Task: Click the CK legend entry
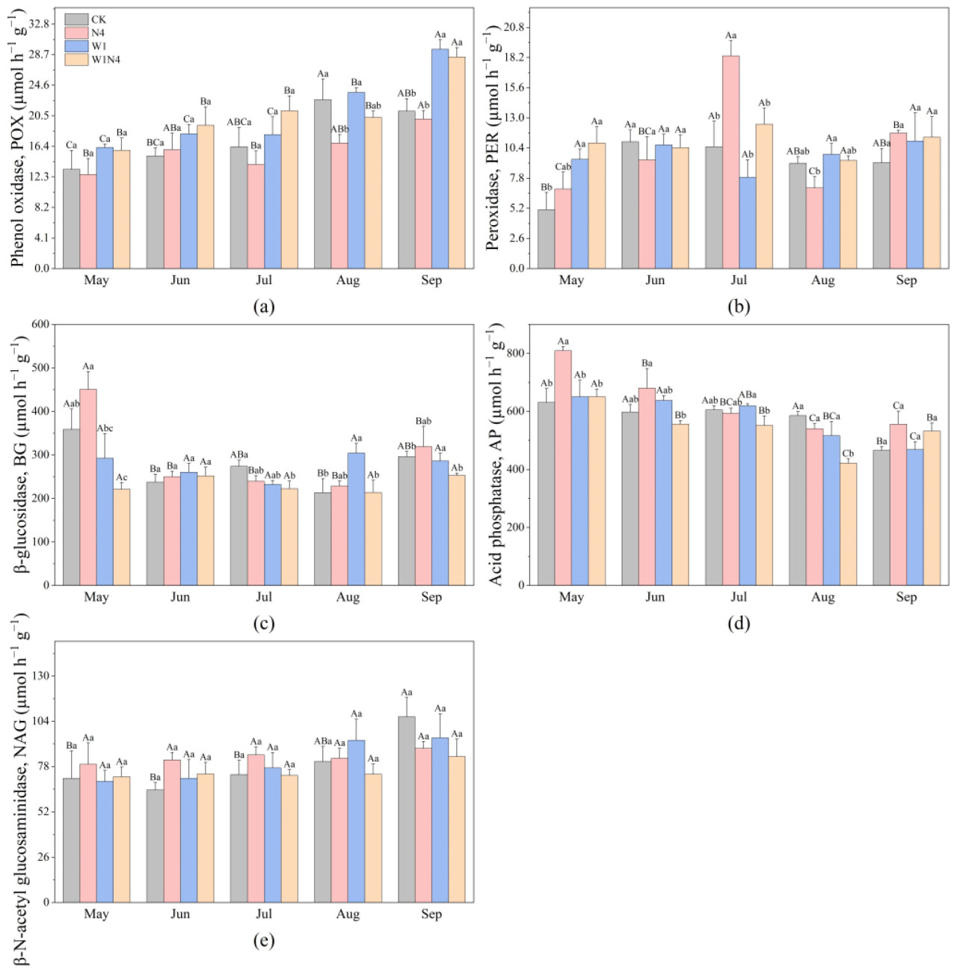(x=98, y=19)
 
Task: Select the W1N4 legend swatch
(x=76, y=60)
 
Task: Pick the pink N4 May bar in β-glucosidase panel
(x=88, y=486)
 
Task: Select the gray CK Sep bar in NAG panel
(x=407, y=809)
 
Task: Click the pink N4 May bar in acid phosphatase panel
(x=563, y=467)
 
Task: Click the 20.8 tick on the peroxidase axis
(x=514, y=27)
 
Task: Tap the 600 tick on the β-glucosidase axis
(x=40, y=324)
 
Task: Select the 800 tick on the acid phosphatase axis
(x=515, y=353)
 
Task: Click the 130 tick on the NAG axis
(x=39, y=676)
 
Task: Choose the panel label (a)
(x=264, y=306)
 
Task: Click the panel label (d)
(x=739, y=623)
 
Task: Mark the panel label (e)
(x=264, y=940)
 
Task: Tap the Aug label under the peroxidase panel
(x=822, y=280)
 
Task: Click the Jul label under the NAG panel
(x=264, y=914)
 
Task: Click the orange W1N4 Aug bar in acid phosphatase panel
(x=848, y=524)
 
